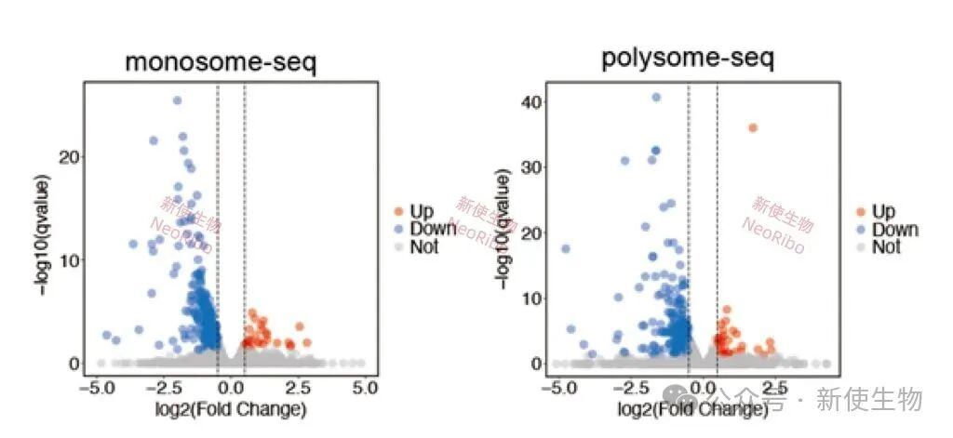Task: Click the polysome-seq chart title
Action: coord(688,59)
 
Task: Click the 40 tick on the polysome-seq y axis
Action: coord(532,100)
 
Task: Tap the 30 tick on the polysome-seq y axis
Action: coord(532,166)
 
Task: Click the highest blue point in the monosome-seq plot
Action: coord(177,100)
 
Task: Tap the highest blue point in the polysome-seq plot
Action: coord(656,97)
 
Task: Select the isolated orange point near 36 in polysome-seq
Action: coord(753,127)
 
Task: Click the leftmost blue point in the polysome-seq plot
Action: coord(565,248)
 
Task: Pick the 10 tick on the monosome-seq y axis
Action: coord(68,259)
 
